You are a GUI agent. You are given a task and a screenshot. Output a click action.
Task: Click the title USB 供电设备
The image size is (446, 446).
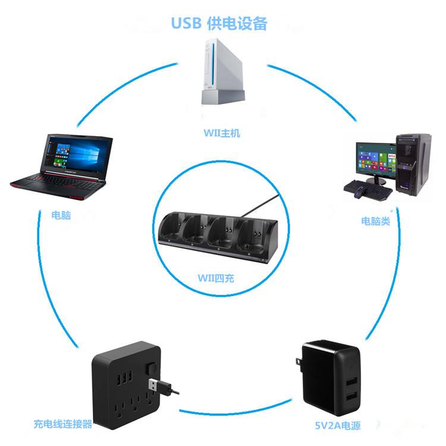pyautogui.click(x=219, y=23)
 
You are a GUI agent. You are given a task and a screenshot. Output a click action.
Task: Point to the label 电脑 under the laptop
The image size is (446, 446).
pyautogui.click(x=62, y=215)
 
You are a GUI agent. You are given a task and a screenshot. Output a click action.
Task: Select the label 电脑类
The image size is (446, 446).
pyautogui.click(x=376, y=221)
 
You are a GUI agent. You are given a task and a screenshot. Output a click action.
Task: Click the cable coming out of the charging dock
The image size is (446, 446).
pyautogui.click(x=262, y=205)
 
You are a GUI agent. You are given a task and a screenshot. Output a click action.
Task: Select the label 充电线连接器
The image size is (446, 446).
pyautogui.click(x=63, y=424)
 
